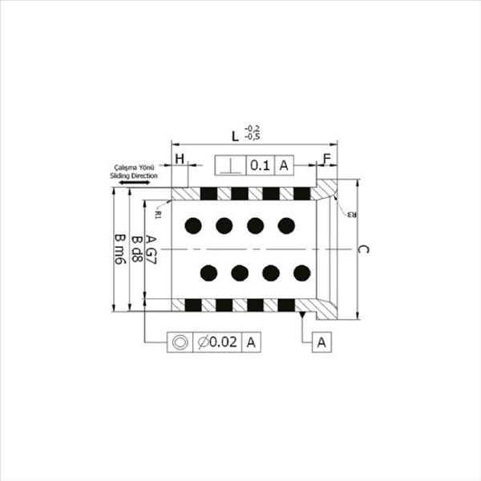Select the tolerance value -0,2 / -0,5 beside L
coord(253,131)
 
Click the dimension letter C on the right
coord(363,249)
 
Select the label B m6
coord(119,250)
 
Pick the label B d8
coord(136,250)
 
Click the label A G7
coord(152,250)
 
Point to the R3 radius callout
coord(351,214)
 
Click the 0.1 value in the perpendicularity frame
coord(260,166)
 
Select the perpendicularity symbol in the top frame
coord(231,166)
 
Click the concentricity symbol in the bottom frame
coord(180,342)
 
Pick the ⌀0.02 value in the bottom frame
coord(217,342)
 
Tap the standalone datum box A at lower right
coord(321,342)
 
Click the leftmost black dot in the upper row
coord(192,226)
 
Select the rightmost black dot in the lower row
coord(302,273)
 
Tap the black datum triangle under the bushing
coord(302,314)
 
